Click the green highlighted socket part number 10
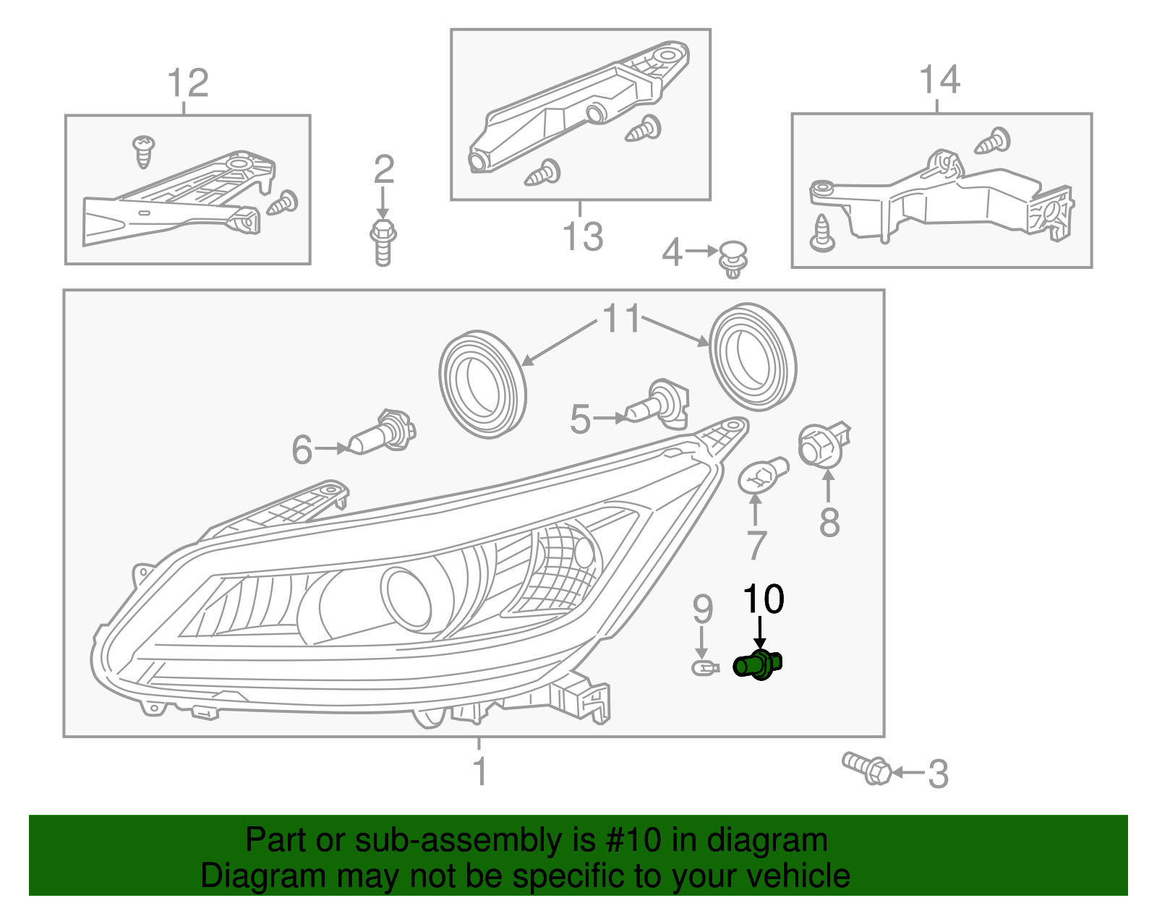[x=757, y=664]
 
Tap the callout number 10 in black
[x=764, y=599]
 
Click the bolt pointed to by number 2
[x=383, y=241]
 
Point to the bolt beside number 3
[x=867, y=768]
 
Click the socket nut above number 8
[x=824, y=444]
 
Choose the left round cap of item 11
[x=482, y=384]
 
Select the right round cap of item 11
[x=753, y=357]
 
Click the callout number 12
[x=188, y=83]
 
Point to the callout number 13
[x=583, y=237]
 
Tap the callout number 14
[x=939, y=80]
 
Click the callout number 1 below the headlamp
[x=480, y=771]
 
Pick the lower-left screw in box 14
[x=822, y=233]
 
